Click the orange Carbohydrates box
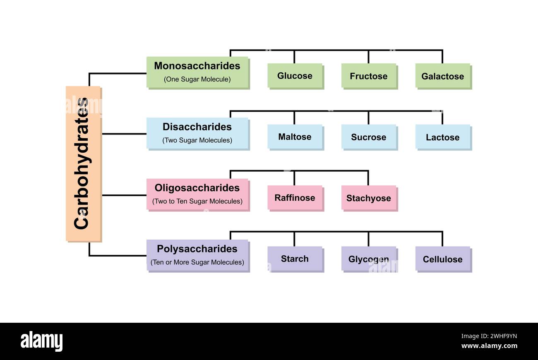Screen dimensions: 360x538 83,163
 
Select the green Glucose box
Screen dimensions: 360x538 295,76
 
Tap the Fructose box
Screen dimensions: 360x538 368,76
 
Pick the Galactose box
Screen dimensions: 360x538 442,76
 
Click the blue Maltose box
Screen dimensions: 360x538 295,137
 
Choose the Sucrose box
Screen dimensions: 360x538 368,137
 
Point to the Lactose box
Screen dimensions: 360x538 442,137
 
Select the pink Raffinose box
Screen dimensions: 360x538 295,198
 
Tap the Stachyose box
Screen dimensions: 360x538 368,198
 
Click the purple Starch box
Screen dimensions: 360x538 295,259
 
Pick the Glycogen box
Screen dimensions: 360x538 368,259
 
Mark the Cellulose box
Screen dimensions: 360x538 442,259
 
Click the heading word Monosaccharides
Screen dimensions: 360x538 197,66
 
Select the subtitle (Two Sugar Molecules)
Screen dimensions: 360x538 197,140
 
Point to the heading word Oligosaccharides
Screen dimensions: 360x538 197,188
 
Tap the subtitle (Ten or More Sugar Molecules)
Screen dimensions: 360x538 197,262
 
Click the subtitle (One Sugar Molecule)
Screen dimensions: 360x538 197,79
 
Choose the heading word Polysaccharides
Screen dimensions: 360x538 197,249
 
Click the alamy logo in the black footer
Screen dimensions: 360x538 41,341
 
